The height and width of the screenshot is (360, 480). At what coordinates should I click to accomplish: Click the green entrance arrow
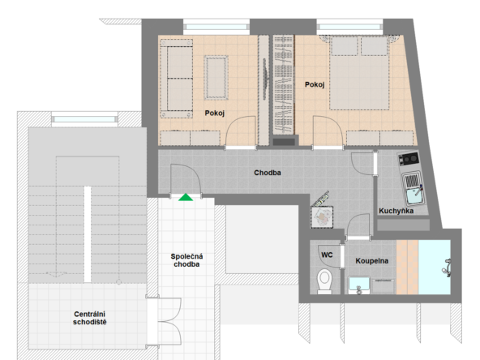pyautogui.click(x=186, y=198)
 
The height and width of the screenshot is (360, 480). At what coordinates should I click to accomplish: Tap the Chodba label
pyautogui.click(x=268, y=173)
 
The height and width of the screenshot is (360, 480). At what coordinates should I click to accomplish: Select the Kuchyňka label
pyautogui.click(x=396, y=211)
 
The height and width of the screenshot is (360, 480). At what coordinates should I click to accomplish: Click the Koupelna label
pyautogui.click(x=372, y=261)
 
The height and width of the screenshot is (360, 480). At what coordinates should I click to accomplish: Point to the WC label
pyautogui.click(x=327, y=255)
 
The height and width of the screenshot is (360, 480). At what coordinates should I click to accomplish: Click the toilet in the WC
pyautogui.click(x=324, y=281)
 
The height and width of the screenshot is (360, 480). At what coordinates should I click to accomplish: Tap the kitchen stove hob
pyautogui.click(x=409, y=159)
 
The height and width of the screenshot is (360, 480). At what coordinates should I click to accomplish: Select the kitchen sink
pyautogui.click(x=413, y=189)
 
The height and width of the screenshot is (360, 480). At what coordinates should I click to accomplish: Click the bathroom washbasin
pyautogui.click(x=359, y=285)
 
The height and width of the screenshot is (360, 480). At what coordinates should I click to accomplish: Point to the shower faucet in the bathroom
pyautogui.click(x=447, y=268)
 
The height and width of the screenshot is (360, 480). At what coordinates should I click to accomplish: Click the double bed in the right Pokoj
pyautogui.click(x=359, y=73)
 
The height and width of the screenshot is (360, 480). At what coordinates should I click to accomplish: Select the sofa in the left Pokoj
pyautogui.click(x=177, y=79)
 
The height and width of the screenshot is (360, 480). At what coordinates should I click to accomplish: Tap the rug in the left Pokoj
pyautogui.click(x=216, y=78)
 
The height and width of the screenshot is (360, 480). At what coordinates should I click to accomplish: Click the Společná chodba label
pyautogui.click(x=186, y=260)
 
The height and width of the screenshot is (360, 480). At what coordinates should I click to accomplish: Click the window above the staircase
pyautogui.click(x=84, y=119)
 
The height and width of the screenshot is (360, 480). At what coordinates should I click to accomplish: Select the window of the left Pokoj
pyautogui.click(x=216, y=27)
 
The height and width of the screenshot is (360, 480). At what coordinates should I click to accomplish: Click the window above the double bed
pyautogui.click(x=349, y=27)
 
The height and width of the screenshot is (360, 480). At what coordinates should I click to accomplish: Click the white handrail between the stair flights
pyautogui.click(x=88, y=234)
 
